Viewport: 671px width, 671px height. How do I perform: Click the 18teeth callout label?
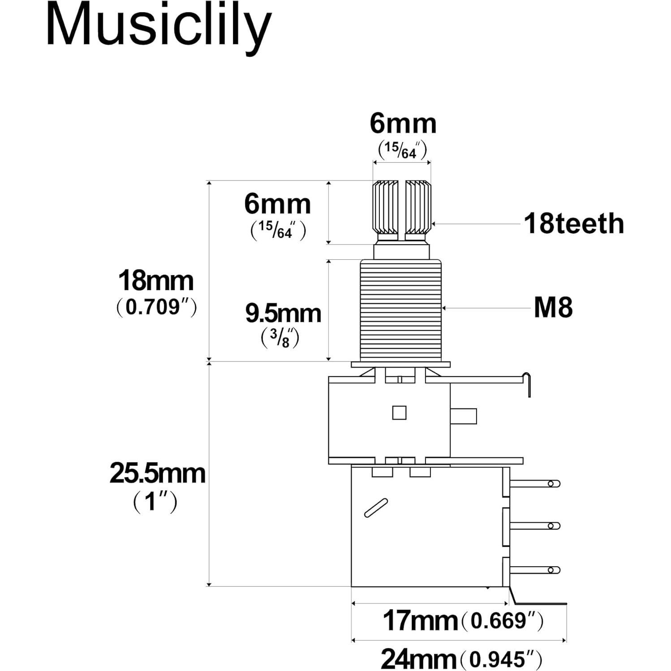tap(574, 224)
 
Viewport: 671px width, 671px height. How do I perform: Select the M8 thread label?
tap(553, 308)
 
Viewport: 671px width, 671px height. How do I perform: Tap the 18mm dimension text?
tap(155, 281)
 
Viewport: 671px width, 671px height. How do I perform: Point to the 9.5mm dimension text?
tap(283, 314)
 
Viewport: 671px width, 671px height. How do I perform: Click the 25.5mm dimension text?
tap(157, 473)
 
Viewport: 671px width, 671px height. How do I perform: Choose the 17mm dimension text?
tap(420, 621)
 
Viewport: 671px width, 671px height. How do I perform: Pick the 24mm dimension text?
tap(418, 659)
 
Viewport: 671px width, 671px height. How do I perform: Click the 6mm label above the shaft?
tap(403, 124)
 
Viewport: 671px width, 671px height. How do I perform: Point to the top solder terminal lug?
tap(536, 483)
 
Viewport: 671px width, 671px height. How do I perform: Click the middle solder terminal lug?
tap(536, 526)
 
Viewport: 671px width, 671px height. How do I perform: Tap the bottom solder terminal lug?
tap(536, 570)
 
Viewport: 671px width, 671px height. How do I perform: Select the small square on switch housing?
tap(399, 413)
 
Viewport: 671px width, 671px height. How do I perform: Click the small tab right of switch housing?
tap(463, 416)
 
